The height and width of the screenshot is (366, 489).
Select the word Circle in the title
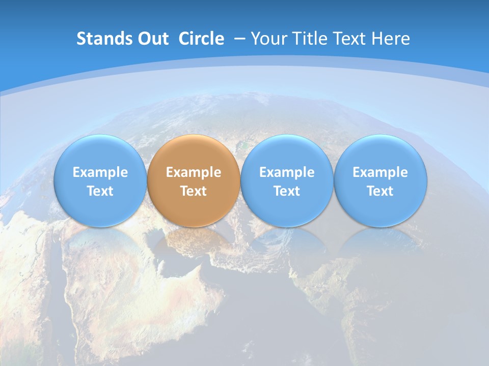click(x=201, y=39)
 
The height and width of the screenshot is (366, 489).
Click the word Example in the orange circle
click(x=194, y=172)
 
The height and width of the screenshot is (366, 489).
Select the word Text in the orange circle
click(x=194, y=191)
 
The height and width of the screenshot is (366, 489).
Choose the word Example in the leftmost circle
click(x=100, y=172)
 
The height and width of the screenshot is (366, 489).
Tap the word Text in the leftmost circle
click(x=100, y=191)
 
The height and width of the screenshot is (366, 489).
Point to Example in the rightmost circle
click(x=381, y=172)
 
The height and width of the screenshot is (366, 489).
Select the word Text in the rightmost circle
click(x=381, y=191)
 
